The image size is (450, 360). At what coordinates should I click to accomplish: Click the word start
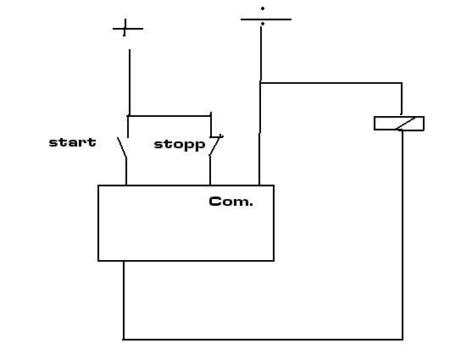tap(72, 142)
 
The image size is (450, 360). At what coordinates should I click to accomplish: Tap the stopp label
tap(180, 145)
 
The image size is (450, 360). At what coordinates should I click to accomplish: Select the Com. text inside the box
tap(231, 202)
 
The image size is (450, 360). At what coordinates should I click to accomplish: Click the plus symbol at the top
tap(126, 28)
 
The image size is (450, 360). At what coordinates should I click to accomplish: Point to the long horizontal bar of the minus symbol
tap(266, 19)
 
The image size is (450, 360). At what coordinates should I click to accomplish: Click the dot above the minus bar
tap(263, 8)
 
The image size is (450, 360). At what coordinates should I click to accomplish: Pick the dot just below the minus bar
tap(263, 24)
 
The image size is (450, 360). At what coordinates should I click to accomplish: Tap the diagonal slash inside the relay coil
tap(406, 124)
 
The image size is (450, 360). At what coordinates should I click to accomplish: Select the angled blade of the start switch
tap(122, 147)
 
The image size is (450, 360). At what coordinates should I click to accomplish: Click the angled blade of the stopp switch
tap(215, 146)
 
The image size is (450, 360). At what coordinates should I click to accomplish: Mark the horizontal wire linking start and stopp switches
tap(169, 116)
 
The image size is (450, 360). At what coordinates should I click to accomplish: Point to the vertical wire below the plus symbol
tap(130, 82)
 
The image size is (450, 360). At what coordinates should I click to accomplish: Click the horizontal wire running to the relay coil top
tap(331, 83)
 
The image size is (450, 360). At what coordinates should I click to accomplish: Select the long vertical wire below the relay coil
tap(403, 235)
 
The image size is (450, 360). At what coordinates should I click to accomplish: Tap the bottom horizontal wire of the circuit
tap(263, 340)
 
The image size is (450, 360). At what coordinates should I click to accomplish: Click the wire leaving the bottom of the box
tap(124, 300)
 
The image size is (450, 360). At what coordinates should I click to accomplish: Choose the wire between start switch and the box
tap(126, 171)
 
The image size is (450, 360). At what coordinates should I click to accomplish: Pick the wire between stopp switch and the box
tap(210, 170)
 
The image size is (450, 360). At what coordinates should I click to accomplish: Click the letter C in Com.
tap(214, 202)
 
